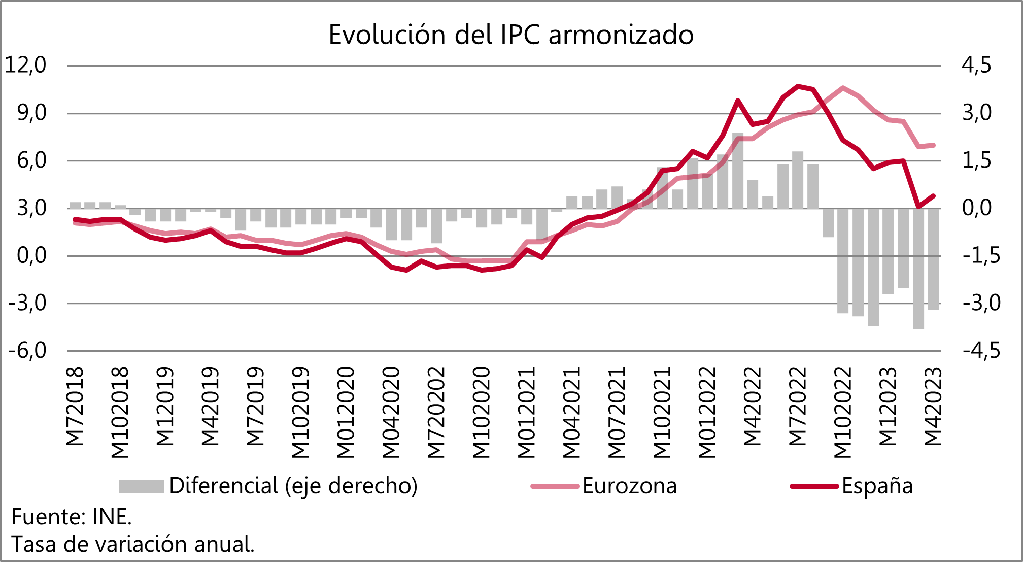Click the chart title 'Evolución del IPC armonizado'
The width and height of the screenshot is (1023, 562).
tap(511, 35)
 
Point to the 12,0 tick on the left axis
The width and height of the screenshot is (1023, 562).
tap(25, 65)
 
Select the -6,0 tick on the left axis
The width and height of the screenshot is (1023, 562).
tap(25, 351)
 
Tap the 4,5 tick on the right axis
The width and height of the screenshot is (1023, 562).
tap(976, 65)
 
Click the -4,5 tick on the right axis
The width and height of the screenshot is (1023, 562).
tap(981, 351)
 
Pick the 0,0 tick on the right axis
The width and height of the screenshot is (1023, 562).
tap(976, 208)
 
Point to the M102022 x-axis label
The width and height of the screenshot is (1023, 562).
tap(843, 412)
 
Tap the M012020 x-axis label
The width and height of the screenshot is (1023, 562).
tap(346, 412)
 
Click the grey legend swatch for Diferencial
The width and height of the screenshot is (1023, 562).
tap(141, 486)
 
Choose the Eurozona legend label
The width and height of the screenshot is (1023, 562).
tap(629, 486)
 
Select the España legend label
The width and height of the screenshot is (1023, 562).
tap(877, 486)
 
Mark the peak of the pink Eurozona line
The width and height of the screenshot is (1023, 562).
tap(843, 88)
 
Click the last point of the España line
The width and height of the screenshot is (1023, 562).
tap(934, 196)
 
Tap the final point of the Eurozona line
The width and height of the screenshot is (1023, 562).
tap(934, 145)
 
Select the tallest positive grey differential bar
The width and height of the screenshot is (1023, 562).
tap(738, 171)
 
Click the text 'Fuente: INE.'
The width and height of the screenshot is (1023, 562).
tap(72, 517)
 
